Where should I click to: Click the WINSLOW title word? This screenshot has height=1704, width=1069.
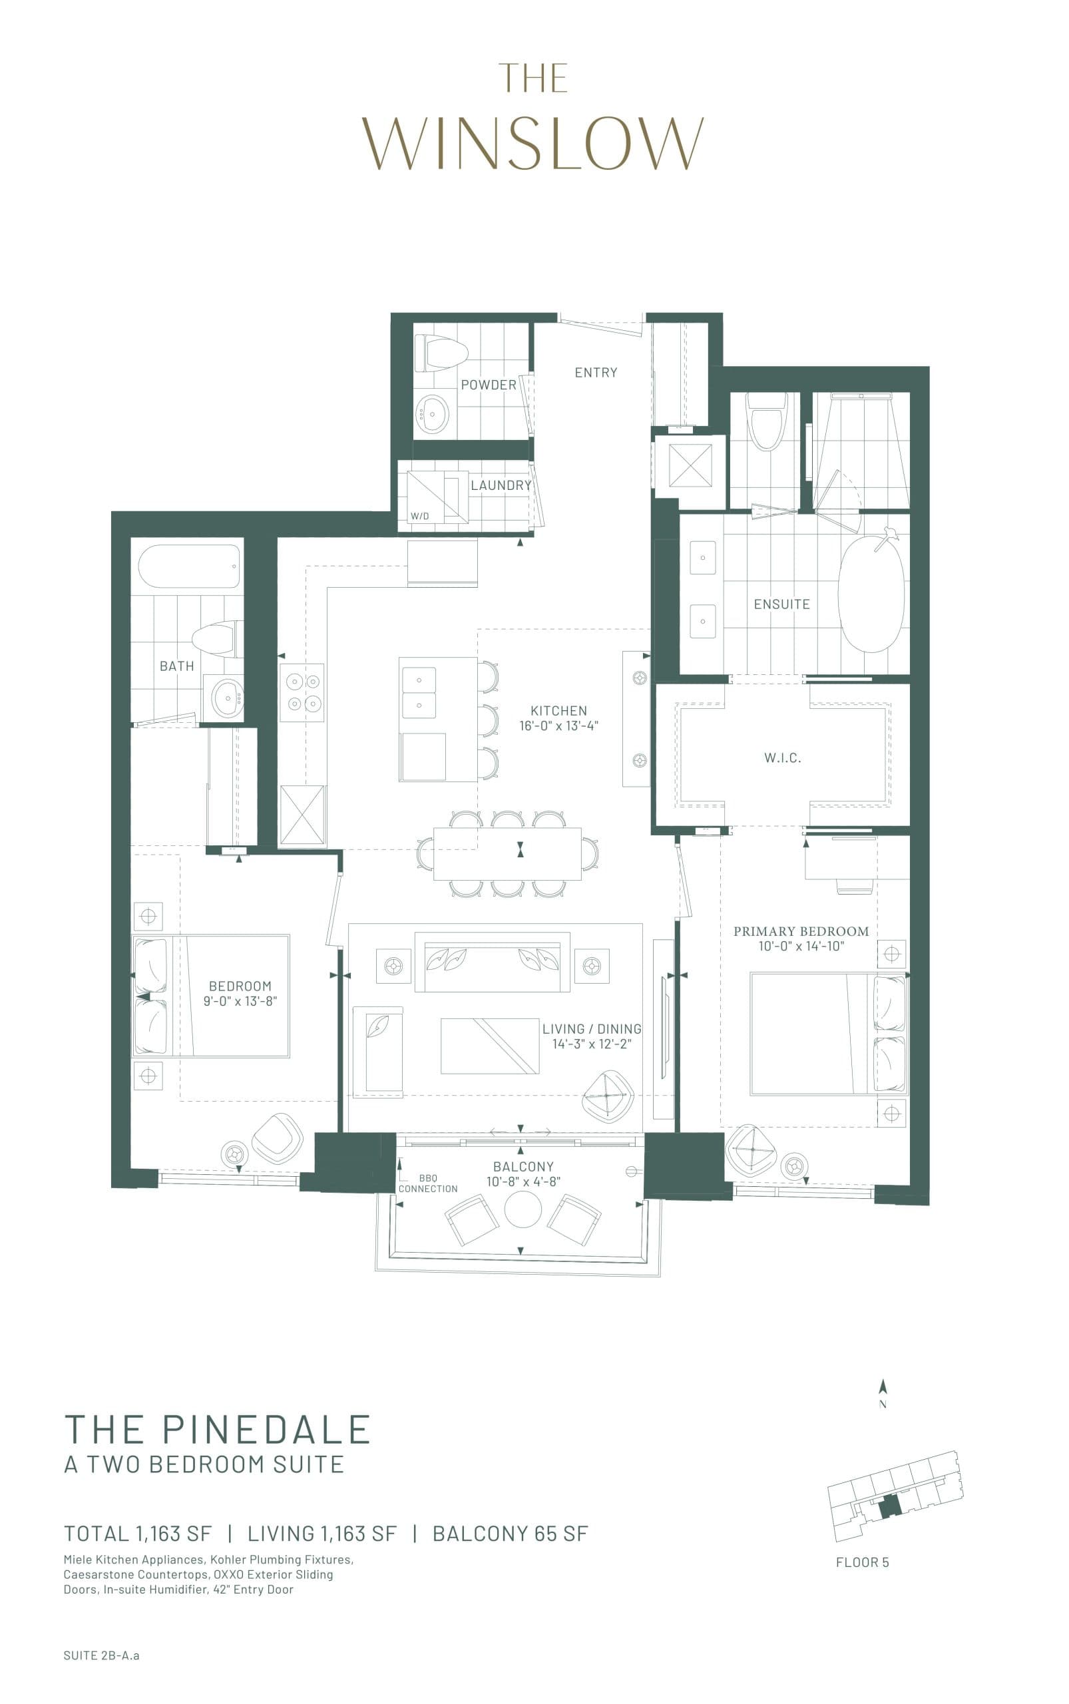point(534,144)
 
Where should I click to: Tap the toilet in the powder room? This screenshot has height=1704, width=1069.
point(442,353)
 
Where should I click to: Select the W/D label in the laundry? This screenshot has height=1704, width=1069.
point(419,516)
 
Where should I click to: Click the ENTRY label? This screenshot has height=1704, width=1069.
point(595,373)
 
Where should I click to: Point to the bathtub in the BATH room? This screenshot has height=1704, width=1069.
point(189,566)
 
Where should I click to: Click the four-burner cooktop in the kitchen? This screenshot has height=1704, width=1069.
point(303,692)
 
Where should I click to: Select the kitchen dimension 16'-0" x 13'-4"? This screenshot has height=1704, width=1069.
point(558,726)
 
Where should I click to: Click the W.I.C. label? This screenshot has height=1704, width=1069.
point(782,758)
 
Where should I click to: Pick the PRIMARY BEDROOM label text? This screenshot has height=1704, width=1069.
point(800,931)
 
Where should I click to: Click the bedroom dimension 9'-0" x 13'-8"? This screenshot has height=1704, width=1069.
point(240,1001)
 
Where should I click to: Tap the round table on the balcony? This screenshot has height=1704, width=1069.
point(523,1209)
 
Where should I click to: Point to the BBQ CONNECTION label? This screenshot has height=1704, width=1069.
point(428,1183)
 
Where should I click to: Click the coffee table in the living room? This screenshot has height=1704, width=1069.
point(489,1046)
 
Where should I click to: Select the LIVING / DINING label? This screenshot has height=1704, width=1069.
point(592,1029)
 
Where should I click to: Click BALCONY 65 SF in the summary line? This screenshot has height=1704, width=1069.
point(510,1534)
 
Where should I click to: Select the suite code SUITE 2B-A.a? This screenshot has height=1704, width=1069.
point(101,1655)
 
